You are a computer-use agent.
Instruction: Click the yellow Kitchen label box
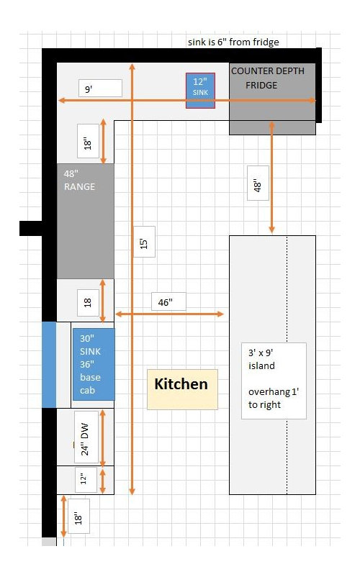coord(182,389)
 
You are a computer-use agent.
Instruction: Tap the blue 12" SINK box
coord(200,91)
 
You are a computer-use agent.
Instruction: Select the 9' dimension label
coord(100,88)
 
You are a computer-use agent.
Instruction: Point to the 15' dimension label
coord(144,242)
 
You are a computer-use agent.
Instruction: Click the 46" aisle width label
coord(168,301)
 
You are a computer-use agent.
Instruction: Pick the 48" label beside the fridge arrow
coord(258,183)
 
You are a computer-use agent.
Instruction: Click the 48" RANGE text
coord(79,181)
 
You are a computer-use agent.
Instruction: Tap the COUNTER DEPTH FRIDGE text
coord(268,78)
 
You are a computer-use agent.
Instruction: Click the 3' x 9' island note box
coord(274,381)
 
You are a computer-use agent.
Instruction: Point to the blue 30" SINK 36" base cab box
coord(94,364)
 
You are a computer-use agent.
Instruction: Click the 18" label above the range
coord(88,141)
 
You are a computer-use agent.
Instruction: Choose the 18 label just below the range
coord(88,302)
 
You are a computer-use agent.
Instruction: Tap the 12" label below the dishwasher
coord(86,479)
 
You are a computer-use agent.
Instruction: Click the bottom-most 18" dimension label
coord(78,517)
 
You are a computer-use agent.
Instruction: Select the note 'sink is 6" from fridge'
coord(233,42)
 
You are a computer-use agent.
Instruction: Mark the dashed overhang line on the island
coord(287,365)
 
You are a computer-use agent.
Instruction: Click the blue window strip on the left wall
coord(49,365)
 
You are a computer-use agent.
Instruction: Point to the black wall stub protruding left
coord(30,228)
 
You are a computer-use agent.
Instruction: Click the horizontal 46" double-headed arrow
coord(169,314)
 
